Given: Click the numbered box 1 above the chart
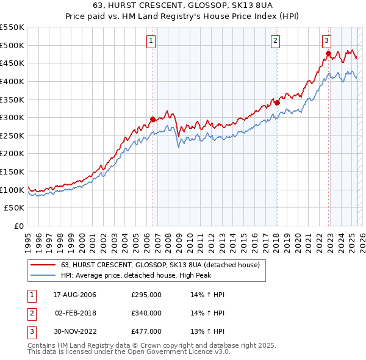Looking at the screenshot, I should click(x=151, y=41).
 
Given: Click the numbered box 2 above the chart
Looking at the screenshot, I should click(x=276, y=41).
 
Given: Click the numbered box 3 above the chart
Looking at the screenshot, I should click(x=327, y=41).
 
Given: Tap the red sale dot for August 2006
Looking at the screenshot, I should click(x=152, y=120).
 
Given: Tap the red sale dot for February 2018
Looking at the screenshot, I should click(x=276, y=103).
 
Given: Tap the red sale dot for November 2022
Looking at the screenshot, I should click(x=328, y=54).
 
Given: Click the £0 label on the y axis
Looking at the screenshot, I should click(x=18, y=226).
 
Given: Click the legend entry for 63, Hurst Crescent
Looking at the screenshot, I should click(x=160, y=265).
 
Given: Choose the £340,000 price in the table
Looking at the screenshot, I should click(x=146, y=313).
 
